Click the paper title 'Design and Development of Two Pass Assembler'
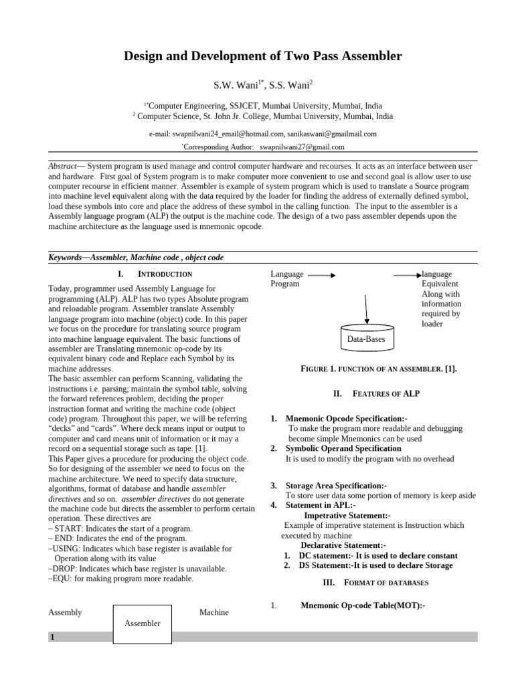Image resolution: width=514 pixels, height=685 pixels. [263, 56]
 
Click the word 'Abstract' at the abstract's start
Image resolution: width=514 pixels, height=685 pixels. [62, 166]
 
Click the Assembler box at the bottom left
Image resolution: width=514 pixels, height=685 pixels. [143, 623]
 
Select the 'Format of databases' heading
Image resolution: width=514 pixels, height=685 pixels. [376, 583]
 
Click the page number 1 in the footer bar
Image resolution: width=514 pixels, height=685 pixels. [52, 638]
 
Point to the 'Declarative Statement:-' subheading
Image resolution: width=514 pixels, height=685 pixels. [343, 546]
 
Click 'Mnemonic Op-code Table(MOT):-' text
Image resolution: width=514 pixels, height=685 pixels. [363, 605]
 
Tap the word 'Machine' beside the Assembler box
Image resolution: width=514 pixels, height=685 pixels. [213, 612]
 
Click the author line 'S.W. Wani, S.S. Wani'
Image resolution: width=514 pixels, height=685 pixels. [263, 85]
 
